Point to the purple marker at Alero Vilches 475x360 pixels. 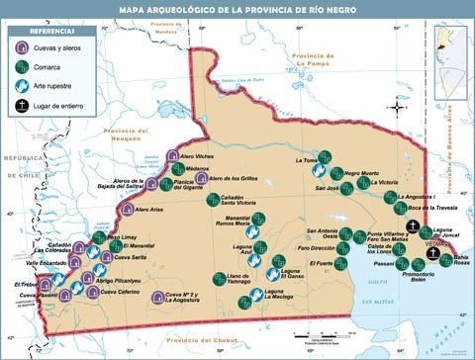tap(172, 157)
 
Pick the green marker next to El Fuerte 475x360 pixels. tap(341, 263)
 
